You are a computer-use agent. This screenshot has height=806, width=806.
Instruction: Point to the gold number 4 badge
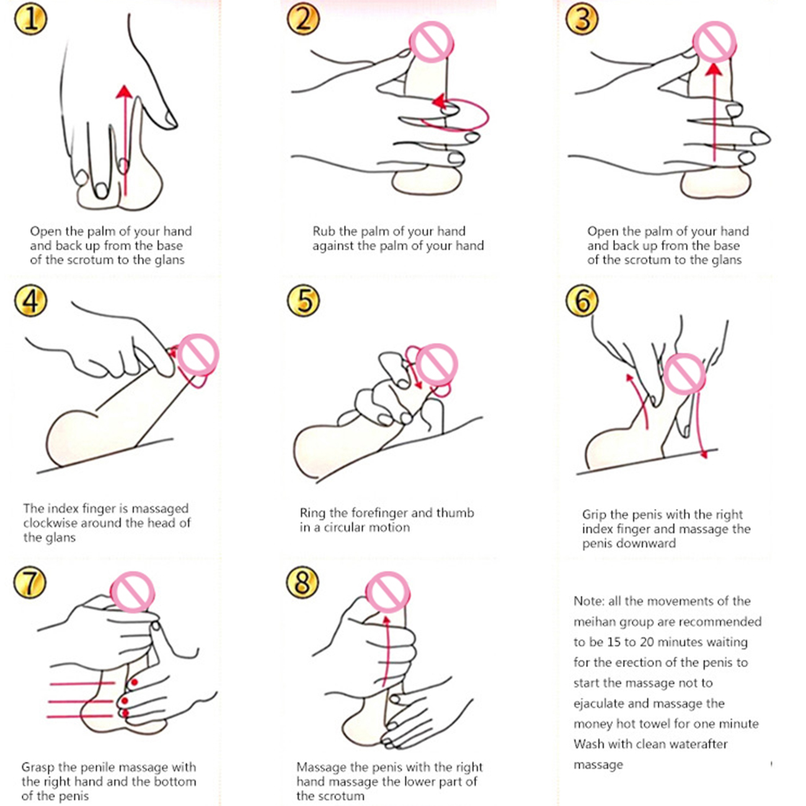30,301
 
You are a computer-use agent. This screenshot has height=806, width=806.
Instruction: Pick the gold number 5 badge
303,301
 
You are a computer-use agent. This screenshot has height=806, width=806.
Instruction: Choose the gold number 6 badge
582,301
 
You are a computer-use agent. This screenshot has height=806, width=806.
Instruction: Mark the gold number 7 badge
30,582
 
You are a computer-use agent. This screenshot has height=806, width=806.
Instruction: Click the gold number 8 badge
303,582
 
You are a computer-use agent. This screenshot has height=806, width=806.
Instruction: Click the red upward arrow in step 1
125,140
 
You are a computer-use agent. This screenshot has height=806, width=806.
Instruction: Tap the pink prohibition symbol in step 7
133,593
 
